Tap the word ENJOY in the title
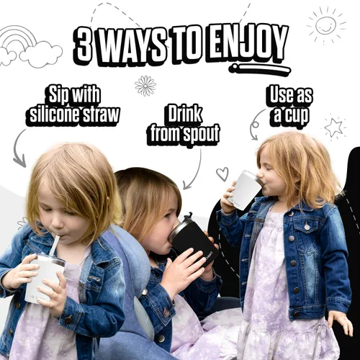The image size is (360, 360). click(x=248, y=45)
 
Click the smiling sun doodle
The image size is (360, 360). click(x=327, y=25)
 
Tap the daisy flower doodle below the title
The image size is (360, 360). click(x=145, y=86)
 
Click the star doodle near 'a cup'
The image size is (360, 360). click(x=334, y=127)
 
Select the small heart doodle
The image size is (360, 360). click(x=222, y=174)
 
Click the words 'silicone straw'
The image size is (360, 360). click(x=74, y=115)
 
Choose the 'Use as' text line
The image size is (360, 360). click(x=291, y=96)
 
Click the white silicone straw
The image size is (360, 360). click(x=55, y=247)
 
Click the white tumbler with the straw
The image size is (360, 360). click(x=45, y=279)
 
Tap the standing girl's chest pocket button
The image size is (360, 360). click(x=307, y=227)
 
